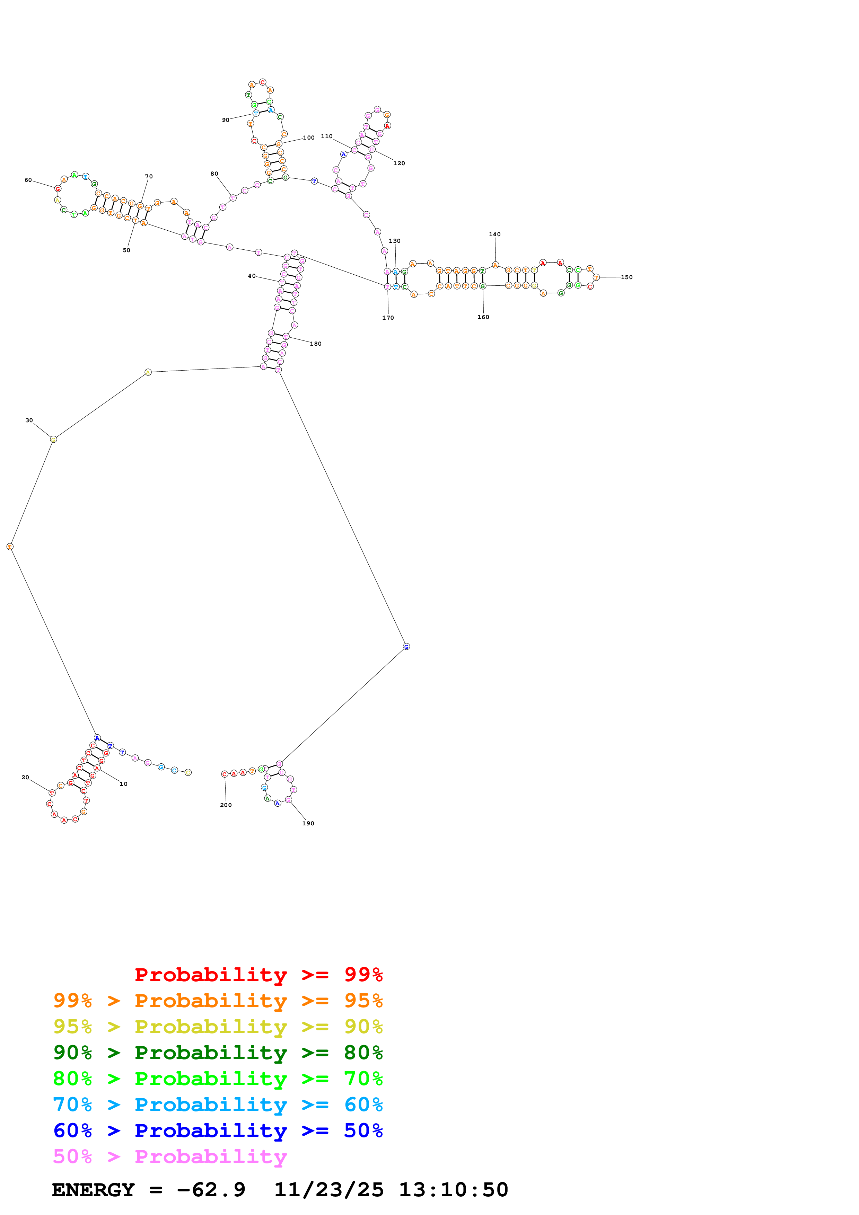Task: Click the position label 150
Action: [x=626, y=277]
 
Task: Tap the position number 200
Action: [x=226, y=805]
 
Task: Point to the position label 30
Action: [x=29, y=420]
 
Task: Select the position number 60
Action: [x=28, y=180]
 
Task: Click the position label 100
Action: [x=308, y=138]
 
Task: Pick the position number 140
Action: [x=494, y=234]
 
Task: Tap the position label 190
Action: [x=308, y=823]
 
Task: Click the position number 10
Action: [x=123, y=784]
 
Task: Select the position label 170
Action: [x=388, y=318]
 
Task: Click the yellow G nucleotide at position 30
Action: [x=53, y=439]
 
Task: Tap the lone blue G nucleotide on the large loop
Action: [x=406, y=647]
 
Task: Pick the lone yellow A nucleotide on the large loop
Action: [x=148, y=373]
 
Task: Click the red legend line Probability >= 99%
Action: [x=258, y=975]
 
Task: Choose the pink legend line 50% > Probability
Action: [x=170, y=1157]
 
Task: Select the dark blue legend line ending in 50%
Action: [x=218, y=1131]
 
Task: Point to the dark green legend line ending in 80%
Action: [x=218, y=1053]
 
